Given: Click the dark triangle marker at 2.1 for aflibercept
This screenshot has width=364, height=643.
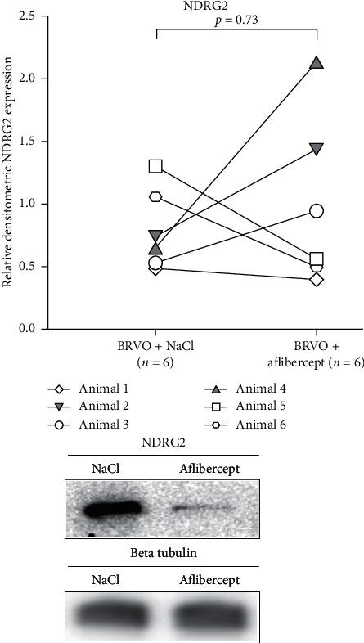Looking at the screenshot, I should (317, 63).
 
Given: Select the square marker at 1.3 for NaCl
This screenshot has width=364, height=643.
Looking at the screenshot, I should (155, 166).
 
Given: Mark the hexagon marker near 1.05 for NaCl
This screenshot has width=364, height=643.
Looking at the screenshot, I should (155, 197).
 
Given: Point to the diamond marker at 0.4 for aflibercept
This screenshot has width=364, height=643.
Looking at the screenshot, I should (317, 280).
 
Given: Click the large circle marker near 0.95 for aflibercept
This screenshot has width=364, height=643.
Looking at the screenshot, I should (317, 211).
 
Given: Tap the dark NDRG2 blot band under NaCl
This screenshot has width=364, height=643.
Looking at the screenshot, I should (115, 512).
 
